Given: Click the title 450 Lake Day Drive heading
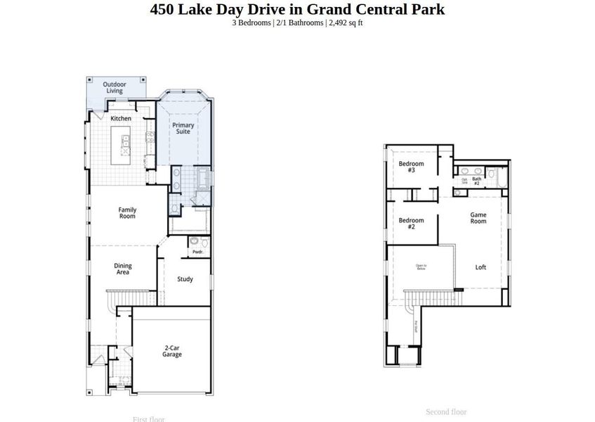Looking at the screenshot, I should [x=297, y=9].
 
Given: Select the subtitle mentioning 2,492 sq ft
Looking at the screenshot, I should [x=297, y=23].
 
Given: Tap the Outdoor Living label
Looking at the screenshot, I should [x=114, y=87].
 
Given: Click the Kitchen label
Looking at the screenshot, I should [x=121, y=118].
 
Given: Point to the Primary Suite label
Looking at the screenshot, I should [x=183, y=128].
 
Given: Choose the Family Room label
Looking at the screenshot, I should [x=127, y=213].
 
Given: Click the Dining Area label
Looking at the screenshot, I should [x=123, y=269].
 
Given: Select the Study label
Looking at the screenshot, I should [x=185, y=279].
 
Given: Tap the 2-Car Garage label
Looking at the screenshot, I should [x=172, y=351].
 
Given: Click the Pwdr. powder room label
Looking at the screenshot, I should [x=197, y=252].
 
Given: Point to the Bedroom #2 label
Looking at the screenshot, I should [x=411, y=224].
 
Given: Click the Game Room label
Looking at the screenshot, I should [x=478, y=217].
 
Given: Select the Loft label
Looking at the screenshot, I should [x=480, y=267].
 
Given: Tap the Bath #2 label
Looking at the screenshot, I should [x=476, y=180].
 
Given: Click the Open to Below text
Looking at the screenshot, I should [x=421, y=267].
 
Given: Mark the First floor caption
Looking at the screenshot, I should [x=148, y=419].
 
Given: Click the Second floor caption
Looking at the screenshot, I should [x=446, y=411].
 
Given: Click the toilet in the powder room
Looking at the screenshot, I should [x=195, y=242].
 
